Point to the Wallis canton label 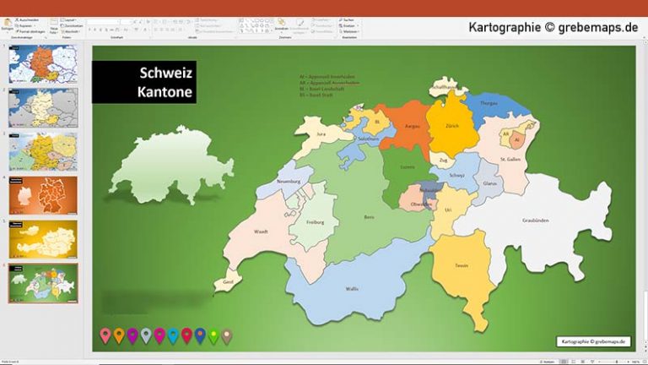[x=351, y=289]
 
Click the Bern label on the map [x=368, y=217]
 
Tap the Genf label [x=228, y=282]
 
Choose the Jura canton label [x=321, y=133]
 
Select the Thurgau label [x=489, y=103]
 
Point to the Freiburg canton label [x=316, y=222]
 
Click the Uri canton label [x=449, y=209]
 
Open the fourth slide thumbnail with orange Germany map [x=43, y=195]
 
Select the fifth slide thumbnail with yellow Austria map [x=43, y=239]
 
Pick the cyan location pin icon [x=173, y=335]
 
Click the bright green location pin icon [x=213, y=335]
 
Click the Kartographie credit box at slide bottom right [x=593, y=341]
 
